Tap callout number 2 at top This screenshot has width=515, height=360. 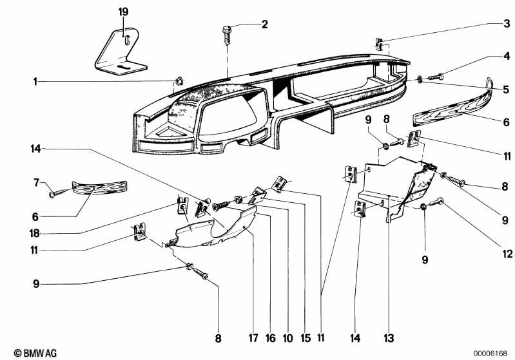(263, 25)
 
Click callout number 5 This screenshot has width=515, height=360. (506, 89)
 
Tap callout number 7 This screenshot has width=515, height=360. (37, 184)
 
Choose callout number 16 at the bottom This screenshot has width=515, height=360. (270, 337)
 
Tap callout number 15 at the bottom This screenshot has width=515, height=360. (305, 337)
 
